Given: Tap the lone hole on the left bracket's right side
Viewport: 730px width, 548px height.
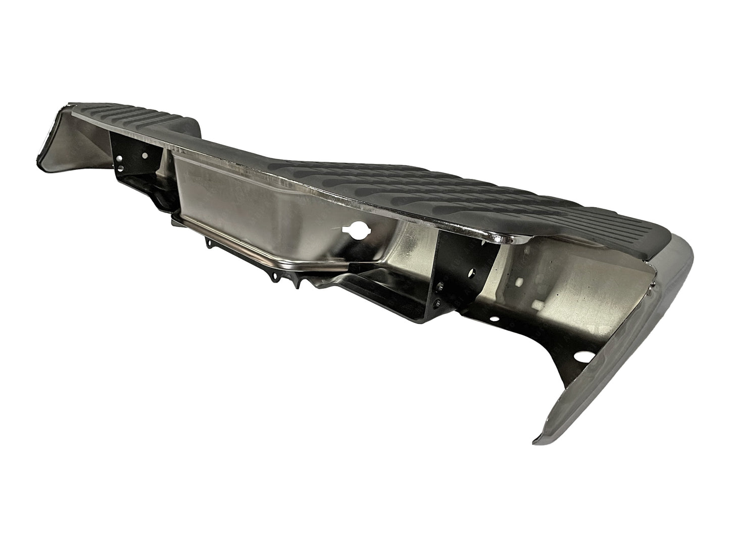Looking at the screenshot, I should tap(145, 156).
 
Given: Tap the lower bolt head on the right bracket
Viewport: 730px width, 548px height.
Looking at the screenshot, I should tap(437, 303).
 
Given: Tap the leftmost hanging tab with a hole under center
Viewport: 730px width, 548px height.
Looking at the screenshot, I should tap(208, 246).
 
